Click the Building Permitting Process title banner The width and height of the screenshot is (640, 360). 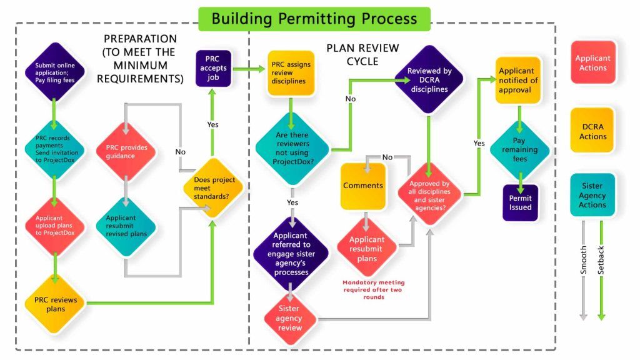pos(314,19)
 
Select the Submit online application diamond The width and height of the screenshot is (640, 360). pos(55,71)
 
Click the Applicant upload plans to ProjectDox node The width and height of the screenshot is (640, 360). pos(55,224)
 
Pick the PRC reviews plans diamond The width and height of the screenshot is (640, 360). pos(55,304)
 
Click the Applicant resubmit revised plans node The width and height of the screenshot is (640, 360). pos(126,225)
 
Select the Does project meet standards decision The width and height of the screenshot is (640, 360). pos(213,187)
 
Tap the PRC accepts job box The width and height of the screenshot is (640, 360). pos(213,68)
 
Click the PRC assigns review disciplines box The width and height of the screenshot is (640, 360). pos(291,72)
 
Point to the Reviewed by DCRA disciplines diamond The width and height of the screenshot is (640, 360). pos(429,80)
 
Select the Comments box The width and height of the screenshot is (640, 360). pos(363,186)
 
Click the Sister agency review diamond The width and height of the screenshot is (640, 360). pos(289,318)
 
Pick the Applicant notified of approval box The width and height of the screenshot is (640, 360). pos(519,81)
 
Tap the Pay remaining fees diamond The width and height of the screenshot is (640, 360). pos(519,150)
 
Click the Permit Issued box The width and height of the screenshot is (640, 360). pos(520,202)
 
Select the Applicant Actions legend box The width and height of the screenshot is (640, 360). pos(592,63)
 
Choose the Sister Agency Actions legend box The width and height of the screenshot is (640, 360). pos(592,195)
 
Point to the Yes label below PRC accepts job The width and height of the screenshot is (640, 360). pos(213,124)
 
